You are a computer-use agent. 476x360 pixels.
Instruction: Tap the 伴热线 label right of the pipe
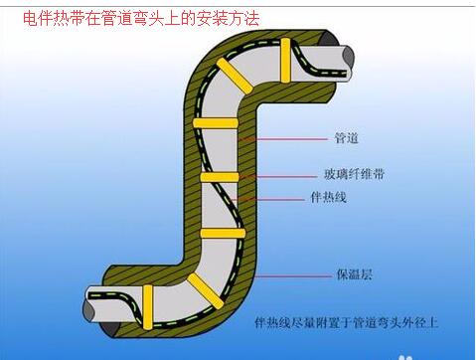(327, 199)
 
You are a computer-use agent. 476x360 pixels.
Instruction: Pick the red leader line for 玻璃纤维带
(289, 174)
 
